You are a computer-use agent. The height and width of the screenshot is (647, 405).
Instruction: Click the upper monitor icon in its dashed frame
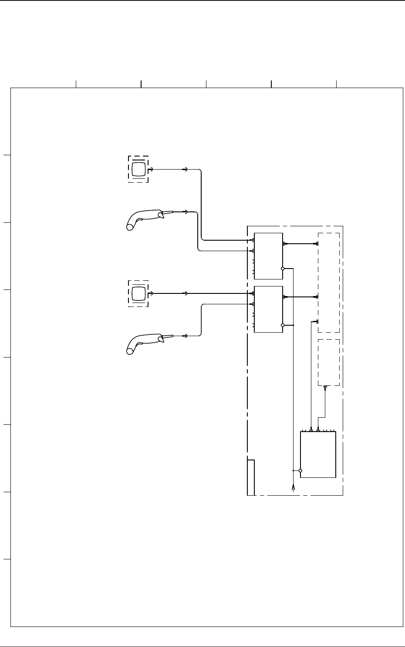138,169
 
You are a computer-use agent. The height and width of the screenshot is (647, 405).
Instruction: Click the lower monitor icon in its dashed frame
138,293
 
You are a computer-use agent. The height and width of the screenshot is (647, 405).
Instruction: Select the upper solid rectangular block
268,256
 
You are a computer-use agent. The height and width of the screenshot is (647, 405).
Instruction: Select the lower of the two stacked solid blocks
268,309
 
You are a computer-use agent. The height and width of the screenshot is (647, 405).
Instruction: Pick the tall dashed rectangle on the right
329,283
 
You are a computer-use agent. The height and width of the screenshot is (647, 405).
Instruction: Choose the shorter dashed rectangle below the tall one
329,362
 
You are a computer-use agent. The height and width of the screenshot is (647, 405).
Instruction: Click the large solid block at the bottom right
318,455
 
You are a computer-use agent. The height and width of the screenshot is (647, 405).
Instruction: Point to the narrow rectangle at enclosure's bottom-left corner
251,477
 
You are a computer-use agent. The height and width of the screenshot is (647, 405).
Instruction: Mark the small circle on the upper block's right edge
283,269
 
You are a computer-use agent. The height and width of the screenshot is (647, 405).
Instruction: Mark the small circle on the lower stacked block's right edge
283,325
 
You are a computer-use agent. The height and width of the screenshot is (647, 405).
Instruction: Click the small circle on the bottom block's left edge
300,471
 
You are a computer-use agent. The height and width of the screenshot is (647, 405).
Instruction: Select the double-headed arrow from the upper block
300,244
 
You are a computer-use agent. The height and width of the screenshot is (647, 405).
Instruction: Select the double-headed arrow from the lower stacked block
300,297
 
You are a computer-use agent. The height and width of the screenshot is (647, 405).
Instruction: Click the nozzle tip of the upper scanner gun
173,212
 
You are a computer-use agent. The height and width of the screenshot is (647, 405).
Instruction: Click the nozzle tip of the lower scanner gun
173,336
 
